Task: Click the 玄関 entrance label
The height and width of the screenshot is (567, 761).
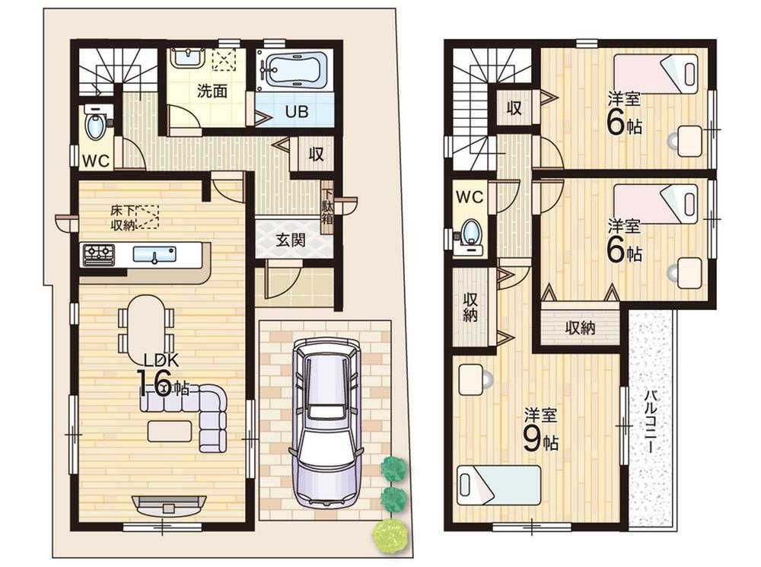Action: tap(291, 240)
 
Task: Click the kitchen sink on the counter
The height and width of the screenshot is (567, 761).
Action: tap(154, 254)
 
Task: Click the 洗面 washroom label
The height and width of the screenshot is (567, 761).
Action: tap(212, 91)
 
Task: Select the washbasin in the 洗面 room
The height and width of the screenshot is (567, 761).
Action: tap(188, 58)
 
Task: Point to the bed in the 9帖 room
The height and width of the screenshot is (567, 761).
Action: tap(499, 486)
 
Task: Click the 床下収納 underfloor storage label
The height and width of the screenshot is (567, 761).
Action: tap(123, 218)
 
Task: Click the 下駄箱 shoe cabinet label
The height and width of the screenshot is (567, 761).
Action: tap(327, 205)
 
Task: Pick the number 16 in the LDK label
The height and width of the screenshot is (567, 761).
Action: tap(154, 384)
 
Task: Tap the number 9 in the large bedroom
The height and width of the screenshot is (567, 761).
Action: tap(532, 440)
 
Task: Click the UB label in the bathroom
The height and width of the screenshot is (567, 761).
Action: tap(297, 112)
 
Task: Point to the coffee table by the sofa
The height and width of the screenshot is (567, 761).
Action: tap(170, 431)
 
